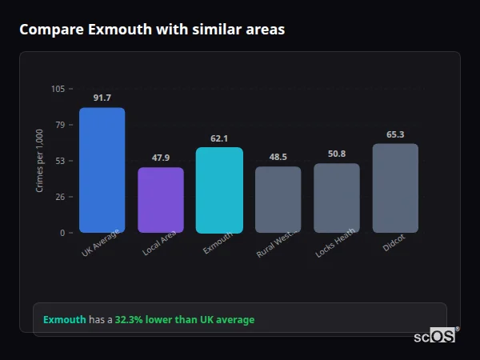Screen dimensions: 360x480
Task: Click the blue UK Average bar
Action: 102,170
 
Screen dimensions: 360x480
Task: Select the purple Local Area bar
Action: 161,200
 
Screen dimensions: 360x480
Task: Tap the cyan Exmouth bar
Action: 219,190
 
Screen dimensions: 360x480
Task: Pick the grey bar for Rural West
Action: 278,199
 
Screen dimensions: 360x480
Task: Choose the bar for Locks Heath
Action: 337,198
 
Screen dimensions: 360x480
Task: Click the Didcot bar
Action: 395,188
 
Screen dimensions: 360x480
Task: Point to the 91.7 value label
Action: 102,98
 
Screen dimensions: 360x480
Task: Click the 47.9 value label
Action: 161,158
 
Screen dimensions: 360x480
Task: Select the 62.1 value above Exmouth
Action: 219,138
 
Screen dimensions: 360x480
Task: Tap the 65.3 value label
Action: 395,134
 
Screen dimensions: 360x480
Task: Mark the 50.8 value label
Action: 337,154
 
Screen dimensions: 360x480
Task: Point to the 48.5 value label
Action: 278,157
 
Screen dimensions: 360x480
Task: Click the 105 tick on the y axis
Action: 58,89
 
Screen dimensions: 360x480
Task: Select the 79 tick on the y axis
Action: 60,125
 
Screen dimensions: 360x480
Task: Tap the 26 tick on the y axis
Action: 60,197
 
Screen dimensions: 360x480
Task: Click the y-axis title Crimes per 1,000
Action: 40,161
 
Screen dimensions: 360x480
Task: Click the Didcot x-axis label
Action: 394,244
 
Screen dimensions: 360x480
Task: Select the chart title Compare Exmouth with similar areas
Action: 152,30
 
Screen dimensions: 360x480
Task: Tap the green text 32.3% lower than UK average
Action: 185,320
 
